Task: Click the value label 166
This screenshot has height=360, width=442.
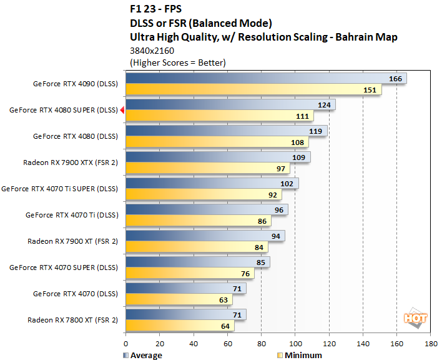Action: (395, 78)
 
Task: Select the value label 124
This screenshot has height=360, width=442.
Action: (324, 104)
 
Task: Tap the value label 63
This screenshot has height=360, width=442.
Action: (222, 300)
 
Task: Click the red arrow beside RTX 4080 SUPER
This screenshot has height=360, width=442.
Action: (122, 111)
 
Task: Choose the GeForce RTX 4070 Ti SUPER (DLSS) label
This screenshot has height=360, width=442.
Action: (59, 188)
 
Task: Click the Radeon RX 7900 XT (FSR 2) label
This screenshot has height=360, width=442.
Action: (72, 241)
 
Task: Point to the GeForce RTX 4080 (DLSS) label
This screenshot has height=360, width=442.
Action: (75, 136)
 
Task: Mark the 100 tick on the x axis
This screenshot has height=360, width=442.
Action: (295, 344)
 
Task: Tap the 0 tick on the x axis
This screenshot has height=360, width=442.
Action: (126, 344)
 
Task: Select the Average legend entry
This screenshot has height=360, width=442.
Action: (144, 355)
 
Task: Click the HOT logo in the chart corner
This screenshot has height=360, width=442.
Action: (415, 318)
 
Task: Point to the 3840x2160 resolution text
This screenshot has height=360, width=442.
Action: (152, 51)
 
